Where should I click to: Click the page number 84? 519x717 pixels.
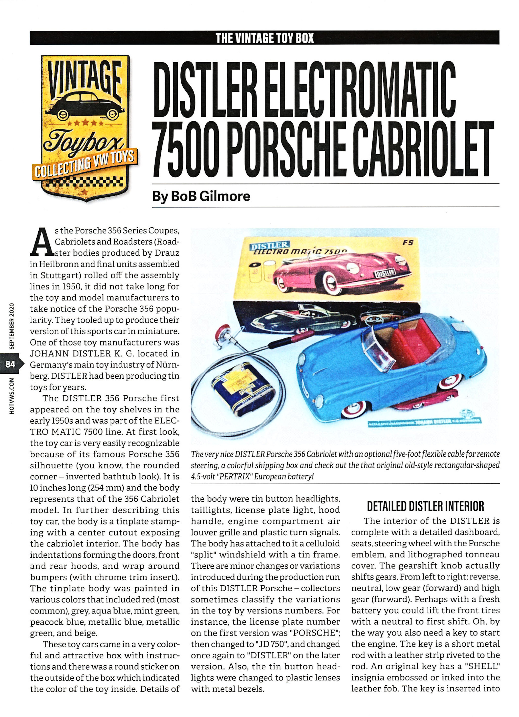coord(10,364)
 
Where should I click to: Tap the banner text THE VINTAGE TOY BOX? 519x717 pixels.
coord(264,38)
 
